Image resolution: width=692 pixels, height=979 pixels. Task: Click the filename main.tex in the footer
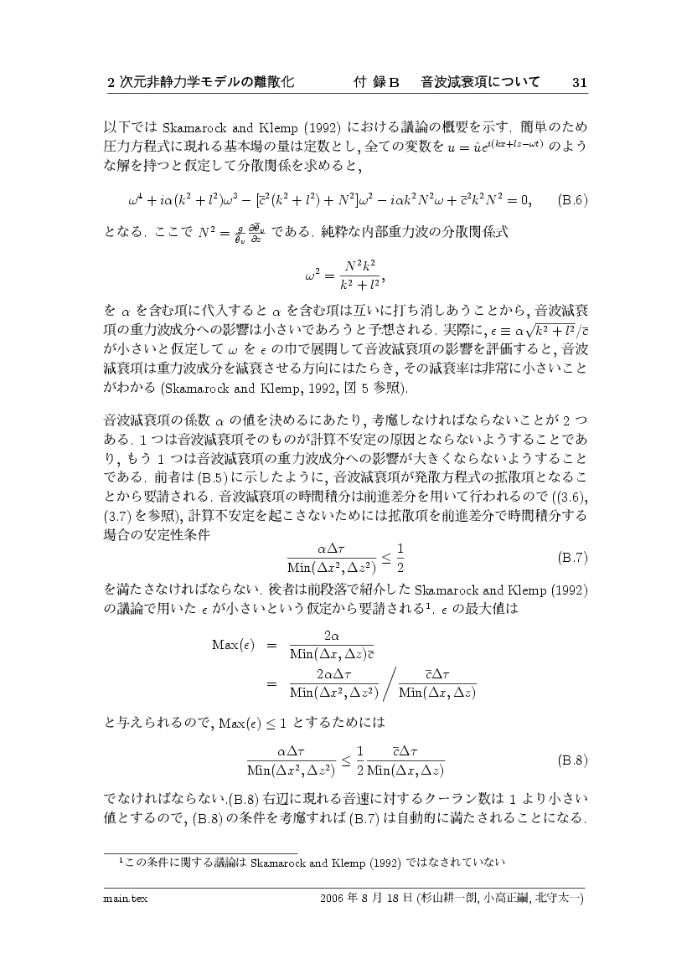120,899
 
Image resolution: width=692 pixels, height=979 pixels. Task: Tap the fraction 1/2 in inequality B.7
400,556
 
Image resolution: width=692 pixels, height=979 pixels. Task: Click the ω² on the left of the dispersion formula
314,274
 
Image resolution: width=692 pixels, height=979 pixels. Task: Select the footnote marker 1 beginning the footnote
121,859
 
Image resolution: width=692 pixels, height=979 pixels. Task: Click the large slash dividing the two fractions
390,683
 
